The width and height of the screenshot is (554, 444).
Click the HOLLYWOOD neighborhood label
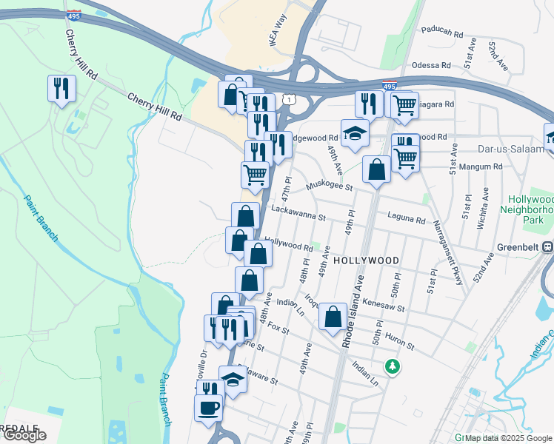click(x=366, y=260)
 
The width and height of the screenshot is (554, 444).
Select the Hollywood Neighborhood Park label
click(x=530, y=209)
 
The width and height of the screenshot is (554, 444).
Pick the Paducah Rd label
click(x=441, y=33)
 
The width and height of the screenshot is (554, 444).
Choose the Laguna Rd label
click(x=406, y=220)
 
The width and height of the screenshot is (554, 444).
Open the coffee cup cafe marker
click(x=208, y=407)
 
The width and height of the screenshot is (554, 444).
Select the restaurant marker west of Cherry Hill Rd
click(x=60, y=90)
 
